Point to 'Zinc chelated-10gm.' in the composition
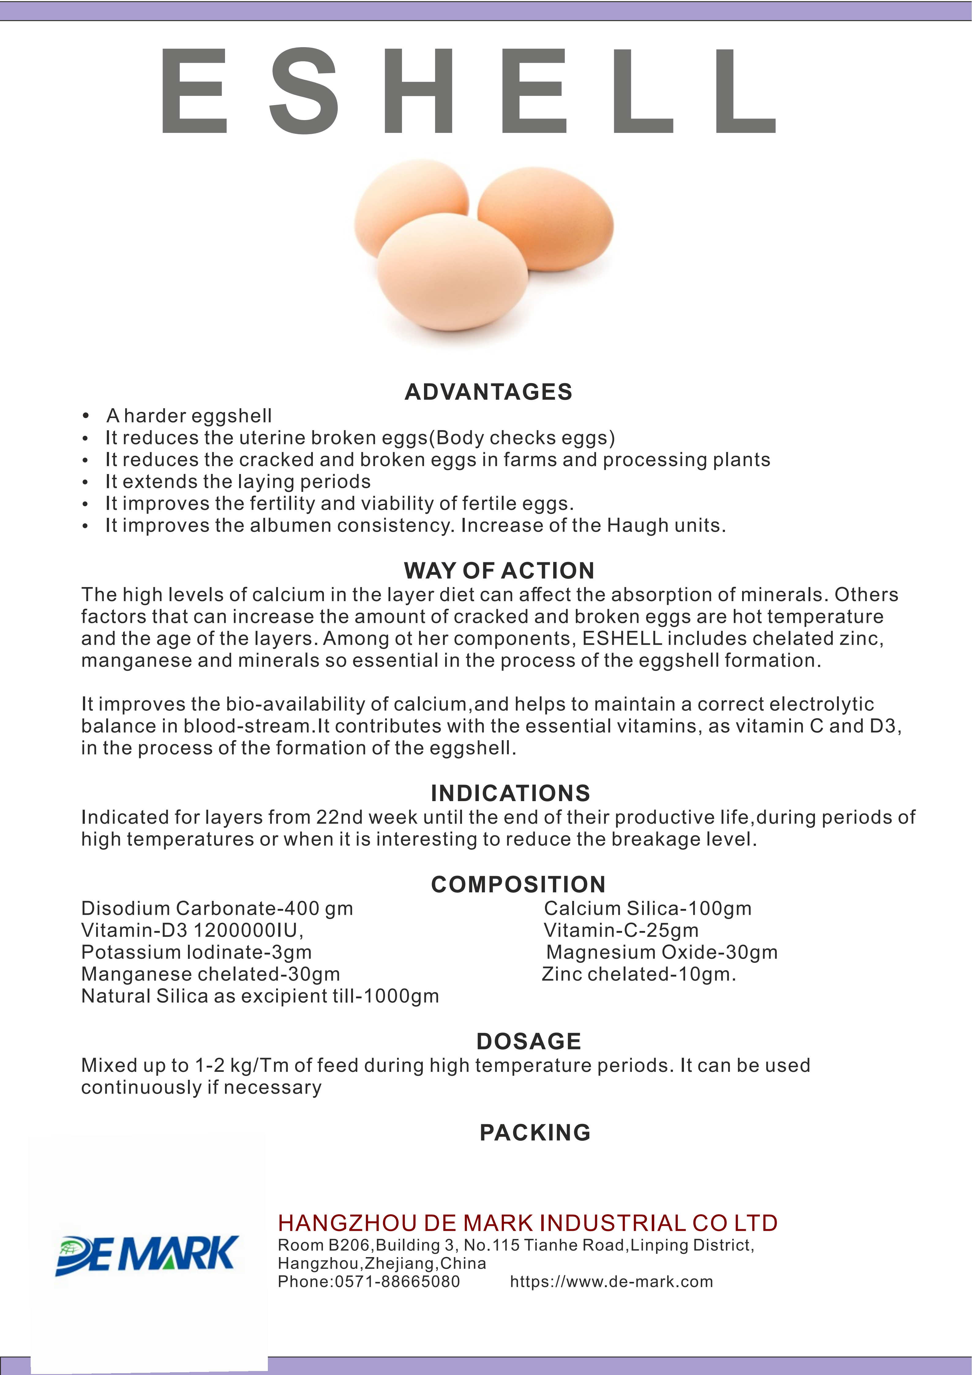click(x=639, y=974)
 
